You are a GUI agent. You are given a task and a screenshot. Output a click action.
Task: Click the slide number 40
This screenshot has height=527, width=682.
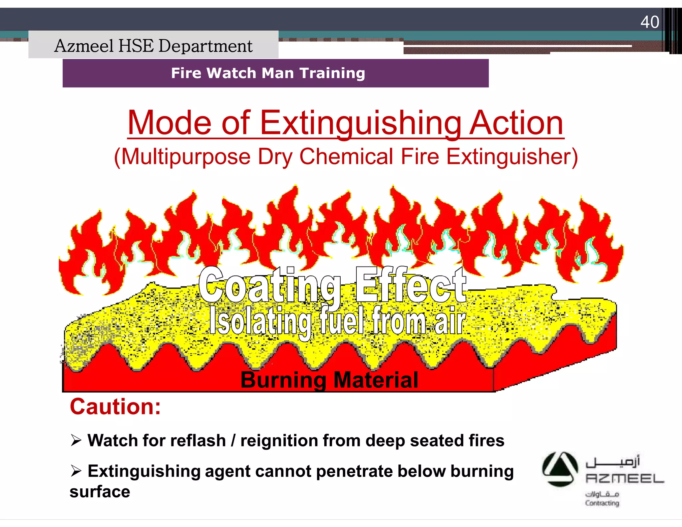649,22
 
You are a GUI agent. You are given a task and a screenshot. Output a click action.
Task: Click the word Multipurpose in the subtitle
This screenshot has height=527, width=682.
185,157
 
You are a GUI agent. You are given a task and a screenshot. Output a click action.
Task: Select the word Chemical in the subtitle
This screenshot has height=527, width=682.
346,157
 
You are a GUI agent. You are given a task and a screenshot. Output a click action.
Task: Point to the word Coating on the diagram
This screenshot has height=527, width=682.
270,285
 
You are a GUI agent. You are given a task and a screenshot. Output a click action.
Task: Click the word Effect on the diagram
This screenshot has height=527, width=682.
410,285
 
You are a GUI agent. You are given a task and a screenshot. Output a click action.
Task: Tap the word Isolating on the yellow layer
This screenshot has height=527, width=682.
260,321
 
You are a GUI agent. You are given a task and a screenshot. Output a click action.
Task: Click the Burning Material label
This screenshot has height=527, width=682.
329,380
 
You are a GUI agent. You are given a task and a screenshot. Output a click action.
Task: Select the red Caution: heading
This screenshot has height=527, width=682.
115,407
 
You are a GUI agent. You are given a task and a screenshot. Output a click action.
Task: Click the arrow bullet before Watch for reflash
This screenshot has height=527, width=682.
76,441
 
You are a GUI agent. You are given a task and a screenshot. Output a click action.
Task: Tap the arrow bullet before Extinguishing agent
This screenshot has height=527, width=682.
76,471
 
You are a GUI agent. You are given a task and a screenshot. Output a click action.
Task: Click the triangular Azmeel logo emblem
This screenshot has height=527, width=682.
560,469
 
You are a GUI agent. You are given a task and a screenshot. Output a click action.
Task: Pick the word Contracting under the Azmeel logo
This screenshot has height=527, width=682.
602,503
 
